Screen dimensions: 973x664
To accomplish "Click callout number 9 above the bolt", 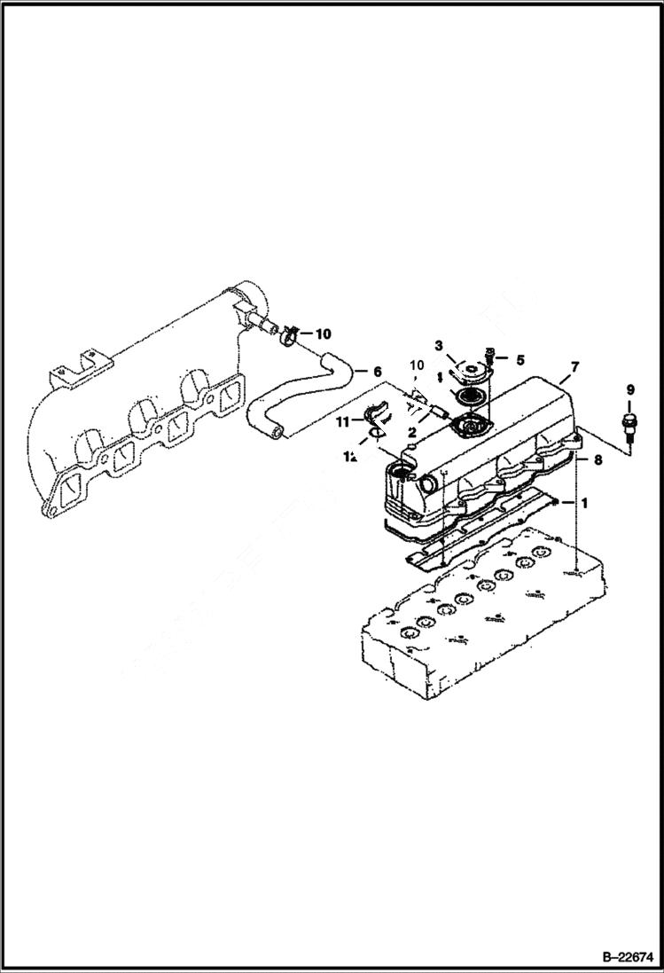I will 630,389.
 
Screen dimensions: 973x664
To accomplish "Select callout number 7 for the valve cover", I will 574,365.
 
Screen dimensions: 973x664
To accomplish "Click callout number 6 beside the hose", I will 377,372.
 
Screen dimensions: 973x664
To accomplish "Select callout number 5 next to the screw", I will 520,360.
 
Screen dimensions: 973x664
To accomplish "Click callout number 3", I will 438,345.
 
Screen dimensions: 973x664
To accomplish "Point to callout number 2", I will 412,432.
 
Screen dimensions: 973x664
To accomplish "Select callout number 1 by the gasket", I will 583,502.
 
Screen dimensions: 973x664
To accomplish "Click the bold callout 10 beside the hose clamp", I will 323,334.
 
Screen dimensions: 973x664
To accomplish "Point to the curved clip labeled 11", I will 378,413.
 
